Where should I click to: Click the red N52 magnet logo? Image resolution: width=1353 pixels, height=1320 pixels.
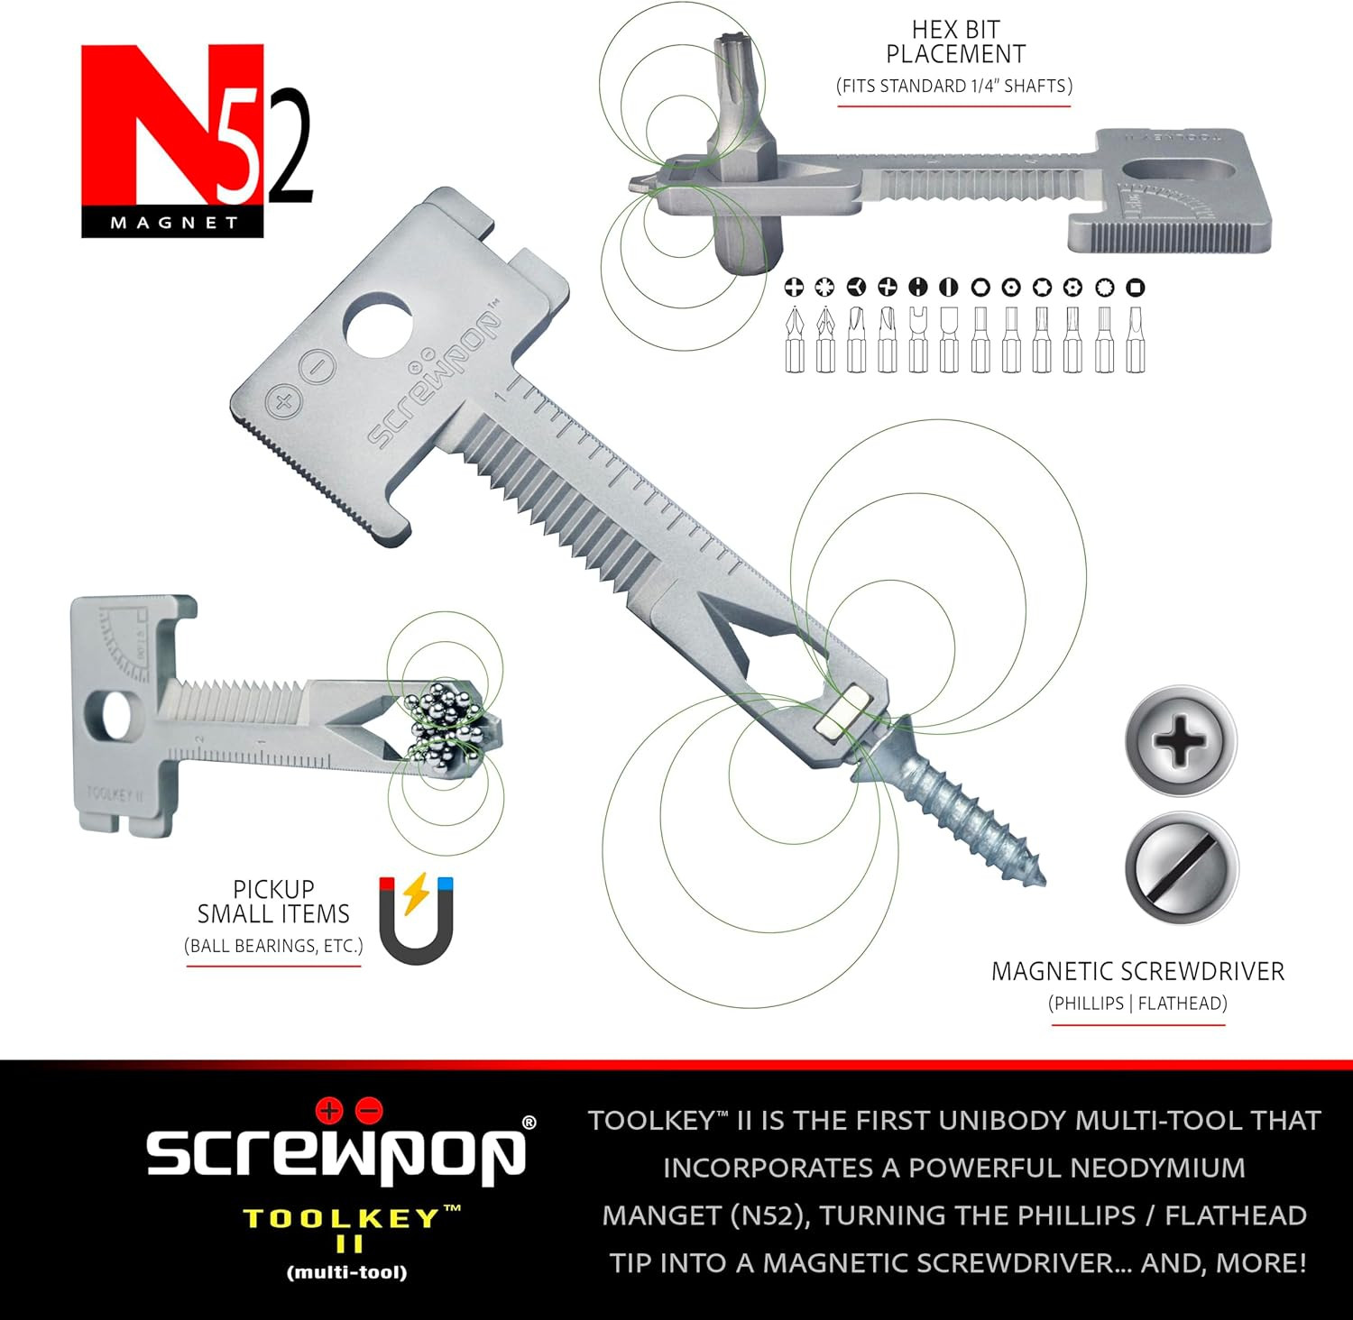coord(197,141)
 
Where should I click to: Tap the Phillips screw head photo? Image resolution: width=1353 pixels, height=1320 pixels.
coord(1181,741)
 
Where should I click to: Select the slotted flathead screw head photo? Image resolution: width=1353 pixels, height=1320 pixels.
coord(1181,867)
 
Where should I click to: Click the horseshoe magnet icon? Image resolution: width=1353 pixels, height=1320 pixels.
coord(416,919)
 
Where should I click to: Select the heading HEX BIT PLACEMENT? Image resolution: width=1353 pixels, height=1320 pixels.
coord(955,41)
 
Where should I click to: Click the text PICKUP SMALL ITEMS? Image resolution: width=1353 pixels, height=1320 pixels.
coord(273,902)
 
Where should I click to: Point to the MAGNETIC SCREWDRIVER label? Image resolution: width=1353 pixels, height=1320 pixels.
coord(1137,971)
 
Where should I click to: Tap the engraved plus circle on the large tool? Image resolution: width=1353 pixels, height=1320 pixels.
coord(282,403)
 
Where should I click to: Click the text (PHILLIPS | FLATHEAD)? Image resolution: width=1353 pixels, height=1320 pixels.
coord(1137,1004)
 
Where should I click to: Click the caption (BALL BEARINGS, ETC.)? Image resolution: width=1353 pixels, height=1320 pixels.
coord(273,946)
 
